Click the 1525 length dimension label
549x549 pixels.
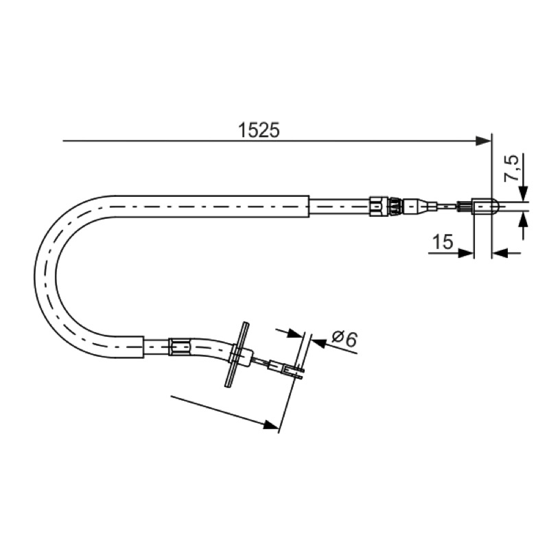tap(259, 130)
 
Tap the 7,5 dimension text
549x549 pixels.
tap(511, 168)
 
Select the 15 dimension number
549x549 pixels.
tap(443, 242)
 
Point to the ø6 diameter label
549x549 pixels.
tap(344, 338)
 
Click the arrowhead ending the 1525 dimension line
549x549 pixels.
tap(484, 141)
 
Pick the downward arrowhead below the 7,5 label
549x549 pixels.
tap(523, 194)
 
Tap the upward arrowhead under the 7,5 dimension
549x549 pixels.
tap(523, 220)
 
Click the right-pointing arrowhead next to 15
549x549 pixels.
tap(466, 253)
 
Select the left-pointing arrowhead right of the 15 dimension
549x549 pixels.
tap(500, 253)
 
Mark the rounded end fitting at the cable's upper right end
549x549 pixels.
tap(483, 207)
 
